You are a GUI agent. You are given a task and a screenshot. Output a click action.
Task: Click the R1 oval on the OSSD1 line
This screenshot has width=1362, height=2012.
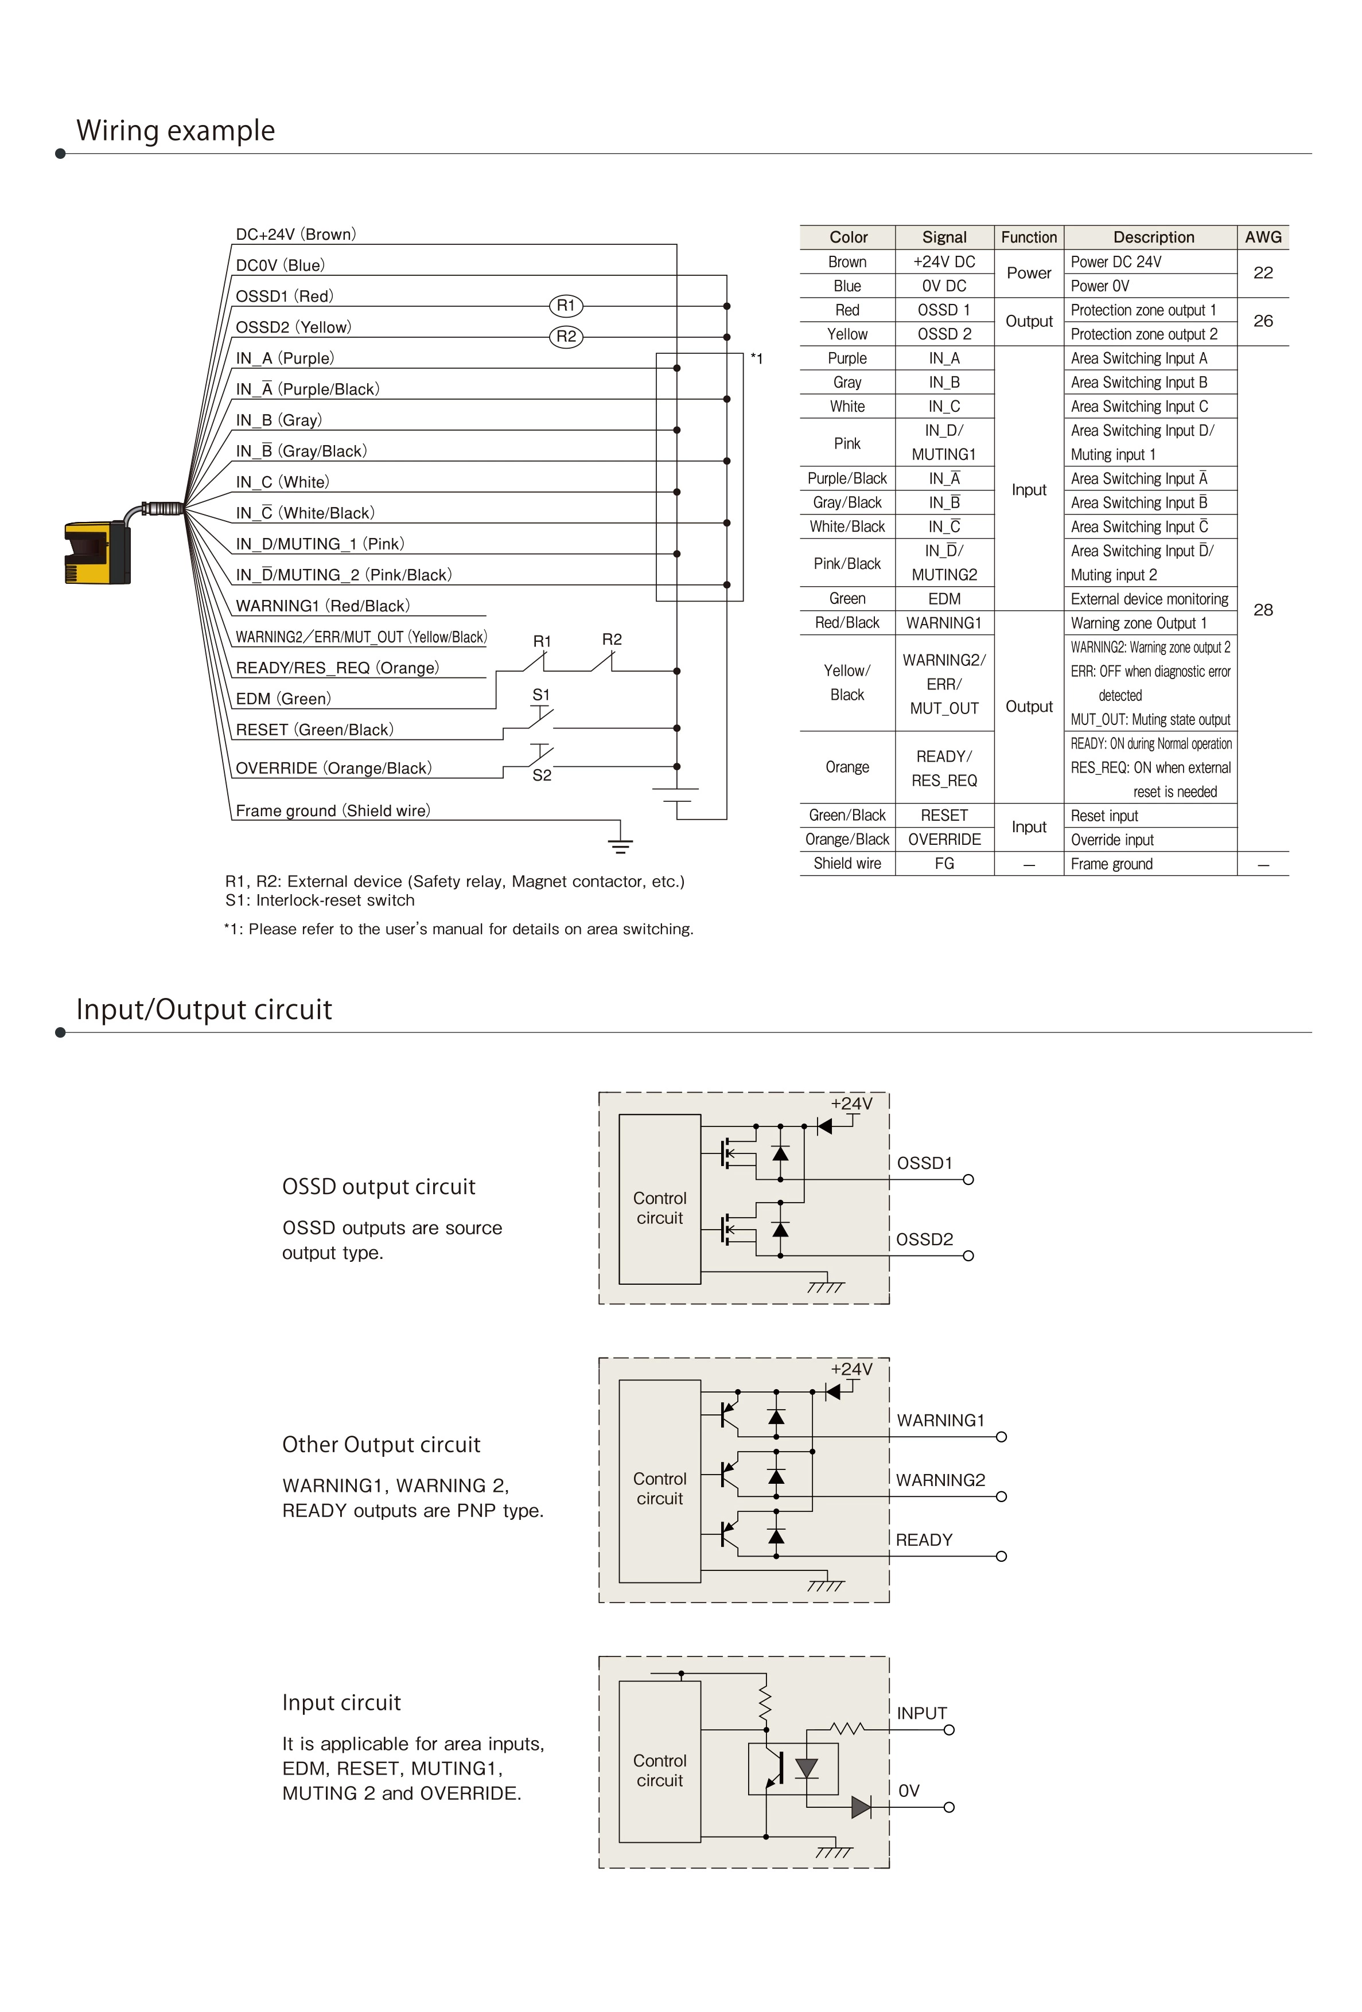[x=566, y=306]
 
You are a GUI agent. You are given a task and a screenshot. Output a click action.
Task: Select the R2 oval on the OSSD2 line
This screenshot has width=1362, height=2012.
[x=566, y=337]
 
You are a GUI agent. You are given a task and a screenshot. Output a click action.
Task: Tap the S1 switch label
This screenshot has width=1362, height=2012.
[x=541, y=695]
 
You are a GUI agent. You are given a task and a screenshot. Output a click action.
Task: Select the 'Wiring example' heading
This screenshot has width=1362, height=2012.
[x=176, y=131]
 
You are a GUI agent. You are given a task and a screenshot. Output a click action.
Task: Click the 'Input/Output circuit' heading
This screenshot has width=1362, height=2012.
[x=204, y=1009]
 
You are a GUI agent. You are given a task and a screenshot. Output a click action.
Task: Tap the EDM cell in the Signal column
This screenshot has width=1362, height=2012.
[x=944, y=599]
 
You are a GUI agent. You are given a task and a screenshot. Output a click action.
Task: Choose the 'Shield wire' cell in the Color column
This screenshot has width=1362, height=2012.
[x=847, y=864]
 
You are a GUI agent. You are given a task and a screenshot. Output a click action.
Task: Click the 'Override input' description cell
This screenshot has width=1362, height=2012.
[x=1112, y=840]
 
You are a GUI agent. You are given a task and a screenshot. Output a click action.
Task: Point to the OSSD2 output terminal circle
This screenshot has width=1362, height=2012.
[x=968, y=1256]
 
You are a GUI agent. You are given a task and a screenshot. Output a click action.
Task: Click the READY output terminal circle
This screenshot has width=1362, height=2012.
[x=1001, y=1557]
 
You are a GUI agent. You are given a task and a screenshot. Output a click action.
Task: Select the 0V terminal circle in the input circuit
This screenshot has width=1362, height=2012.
[x=949, y=1808]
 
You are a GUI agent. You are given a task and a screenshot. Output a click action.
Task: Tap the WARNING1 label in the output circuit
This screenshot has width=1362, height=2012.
[x=940, y=1421]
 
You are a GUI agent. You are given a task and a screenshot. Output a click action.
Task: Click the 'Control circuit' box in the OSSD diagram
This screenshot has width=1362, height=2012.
[x=660, y=1208]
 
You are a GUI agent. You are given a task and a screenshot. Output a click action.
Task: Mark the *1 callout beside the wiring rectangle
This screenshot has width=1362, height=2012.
[x=757, y=359]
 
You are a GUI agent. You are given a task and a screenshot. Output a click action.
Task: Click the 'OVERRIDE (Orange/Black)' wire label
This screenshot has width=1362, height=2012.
[x=333, y=769]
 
